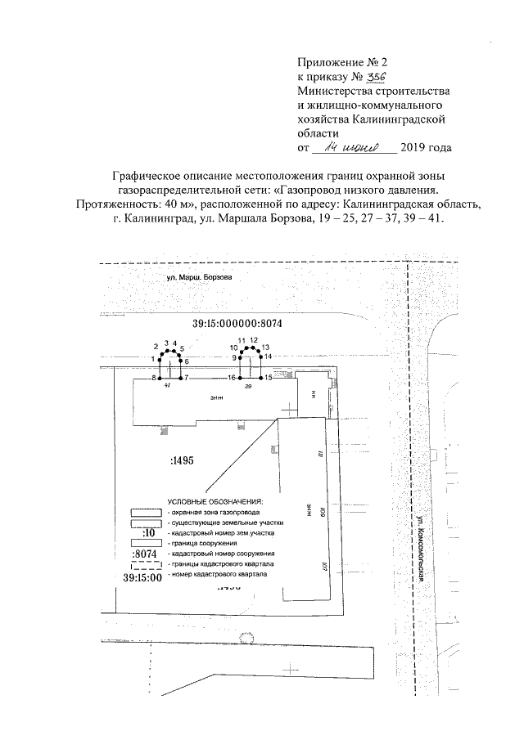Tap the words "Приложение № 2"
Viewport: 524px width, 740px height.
point(335,62)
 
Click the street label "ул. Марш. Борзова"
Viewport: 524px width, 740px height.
point(199,277)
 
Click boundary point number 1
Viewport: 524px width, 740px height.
point(158,359)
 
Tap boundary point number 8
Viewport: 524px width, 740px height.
point(159,378)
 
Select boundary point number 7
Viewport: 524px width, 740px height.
point(181,378)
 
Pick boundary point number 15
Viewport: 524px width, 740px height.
point(260,378)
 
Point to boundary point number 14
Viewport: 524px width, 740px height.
point(260,357)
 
